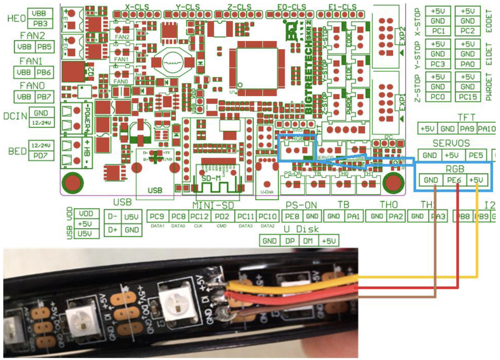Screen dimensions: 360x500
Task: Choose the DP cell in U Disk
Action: tap(289, 240)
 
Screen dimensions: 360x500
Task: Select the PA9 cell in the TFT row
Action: tap(467, 128)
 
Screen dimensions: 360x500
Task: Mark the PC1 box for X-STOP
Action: tap(438, 31)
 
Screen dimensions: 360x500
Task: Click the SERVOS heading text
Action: tap(451, 143)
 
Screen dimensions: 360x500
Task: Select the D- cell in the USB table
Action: tap(113, 216)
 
